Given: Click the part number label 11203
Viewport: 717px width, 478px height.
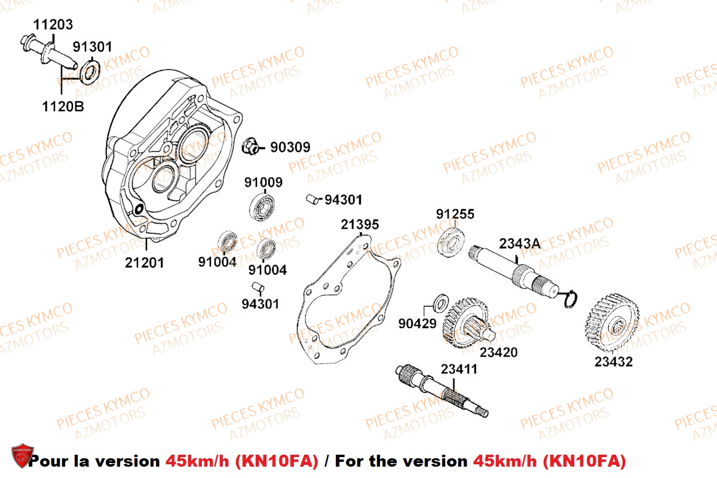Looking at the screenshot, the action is click(53, 24).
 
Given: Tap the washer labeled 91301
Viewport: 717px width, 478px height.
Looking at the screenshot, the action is click(90, 72).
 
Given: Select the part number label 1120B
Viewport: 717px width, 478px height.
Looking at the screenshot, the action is click(63, 106).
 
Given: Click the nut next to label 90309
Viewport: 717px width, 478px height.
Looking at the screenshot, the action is click(250, 146).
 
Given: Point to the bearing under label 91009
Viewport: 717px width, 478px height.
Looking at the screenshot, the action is click(262, 207).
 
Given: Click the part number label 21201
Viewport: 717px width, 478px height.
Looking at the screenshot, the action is click(145, 263).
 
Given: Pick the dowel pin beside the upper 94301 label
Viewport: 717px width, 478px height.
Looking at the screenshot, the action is click(312, 199).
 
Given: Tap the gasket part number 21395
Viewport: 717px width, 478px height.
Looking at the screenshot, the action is click(360, 225).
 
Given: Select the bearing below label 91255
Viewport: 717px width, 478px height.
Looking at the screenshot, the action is click(451, 243).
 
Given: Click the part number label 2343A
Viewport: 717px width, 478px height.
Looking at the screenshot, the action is click(519, 244).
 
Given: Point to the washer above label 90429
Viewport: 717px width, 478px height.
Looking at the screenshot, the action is click(441, 303).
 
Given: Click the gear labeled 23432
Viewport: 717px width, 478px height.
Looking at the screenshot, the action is click(612, 323).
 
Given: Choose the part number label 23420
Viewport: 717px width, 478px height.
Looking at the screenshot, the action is click(499, 352).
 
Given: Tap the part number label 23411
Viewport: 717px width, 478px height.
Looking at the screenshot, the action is click(459, 369).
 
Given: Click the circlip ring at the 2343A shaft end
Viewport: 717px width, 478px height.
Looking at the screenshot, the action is click(571, 299).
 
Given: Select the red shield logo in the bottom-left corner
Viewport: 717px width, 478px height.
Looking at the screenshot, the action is click(23, 455).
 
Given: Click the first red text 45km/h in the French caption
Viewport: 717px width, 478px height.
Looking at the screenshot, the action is click(197, 461).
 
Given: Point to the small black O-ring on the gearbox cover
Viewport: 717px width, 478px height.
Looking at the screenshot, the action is click(139, 209).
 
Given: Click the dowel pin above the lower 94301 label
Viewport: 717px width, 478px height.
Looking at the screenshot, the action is click(258, 287).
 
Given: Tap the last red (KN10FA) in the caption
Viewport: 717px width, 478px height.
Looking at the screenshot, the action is click(584, 461).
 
